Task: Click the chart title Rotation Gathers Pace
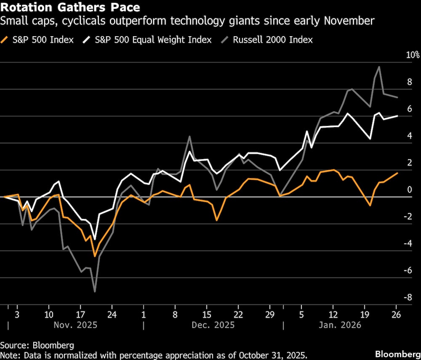point(70,8)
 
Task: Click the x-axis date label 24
point(112,315)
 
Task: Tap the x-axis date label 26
point(396,315)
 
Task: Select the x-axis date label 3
point(17,315)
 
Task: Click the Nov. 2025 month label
point(76,325)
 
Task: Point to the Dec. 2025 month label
point(213,325)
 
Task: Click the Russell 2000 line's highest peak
point(379,67)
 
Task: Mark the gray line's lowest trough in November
point(95,291)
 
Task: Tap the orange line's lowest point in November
point(95,256)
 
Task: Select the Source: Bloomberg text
point(37,345)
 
